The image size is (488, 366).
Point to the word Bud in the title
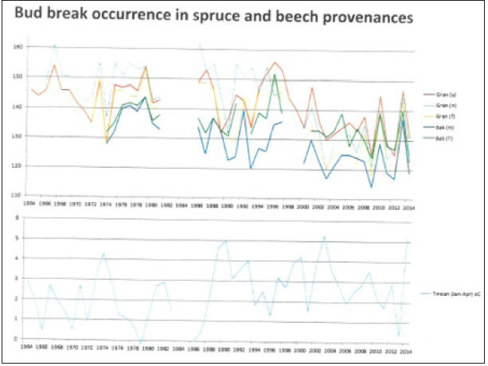(x=31, y=17)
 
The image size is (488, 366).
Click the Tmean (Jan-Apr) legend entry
(x=451, y=294)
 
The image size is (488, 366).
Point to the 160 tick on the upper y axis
(x=17, y=47)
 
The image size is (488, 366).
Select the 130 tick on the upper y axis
(x=17, y=136)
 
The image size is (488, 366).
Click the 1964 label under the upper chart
(x=28, y=204)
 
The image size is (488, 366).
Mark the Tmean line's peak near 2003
(x=325, y=237)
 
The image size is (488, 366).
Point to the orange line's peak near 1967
(x=54, y=65)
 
